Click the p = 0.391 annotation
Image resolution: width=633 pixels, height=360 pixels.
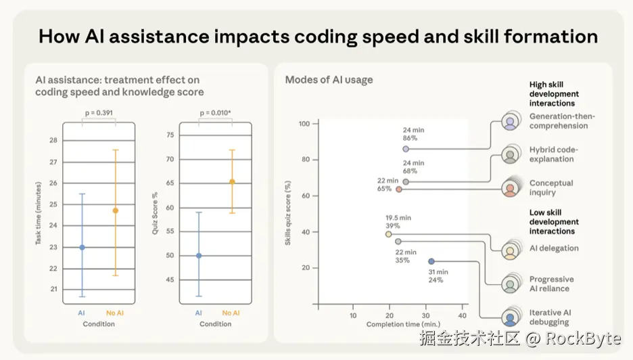click(x=99, y=112)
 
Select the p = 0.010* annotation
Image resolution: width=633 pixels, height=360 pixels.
click(x=216, y=112)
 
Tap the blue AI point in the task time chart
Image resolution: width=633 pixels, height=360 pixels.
click(x=82, y=247)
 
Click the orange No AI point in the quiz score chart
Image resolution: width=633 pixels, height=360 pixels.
click(x=232, y=181)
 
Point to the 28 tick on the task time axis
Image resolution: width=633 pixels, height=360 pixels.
click(x=53, y=141)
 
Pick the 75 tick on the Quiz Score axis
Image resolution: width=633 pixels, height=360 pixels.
click(x=170, y=135)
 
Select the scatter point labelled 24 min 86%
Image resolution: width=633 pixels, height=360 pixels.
click(x=406, y=149)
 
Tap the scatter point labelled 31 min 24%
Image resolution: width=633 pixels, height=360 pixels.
click(x=431, y=261)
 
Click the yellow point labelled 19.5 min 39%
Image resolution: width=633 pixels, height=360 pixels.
click(x=388, y=234)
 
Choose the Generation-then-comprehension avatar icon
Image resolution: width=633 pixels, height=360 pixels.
click(x=511, y=122)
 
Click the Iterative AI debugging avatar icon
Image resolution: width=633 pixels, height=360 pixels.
click(x=511, y=317)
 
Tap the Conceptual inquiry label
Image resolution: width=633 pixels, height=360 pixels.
click(x=551, y=187)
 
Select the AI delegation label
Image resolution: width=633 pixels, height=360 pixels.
click(x=554, y=248)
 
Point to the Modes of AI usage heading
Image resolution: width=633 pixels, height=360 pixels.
click(x=329, y=80)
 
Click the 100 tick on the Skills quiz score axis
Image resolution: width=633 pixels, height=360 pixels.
click(x=304, y=124)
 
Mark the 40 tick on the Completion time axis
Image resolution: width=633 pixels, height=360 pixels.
click(x=463, y=315)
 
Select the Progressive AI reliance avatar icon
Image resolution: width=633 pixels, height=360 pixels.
click(x=511, y=284)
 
